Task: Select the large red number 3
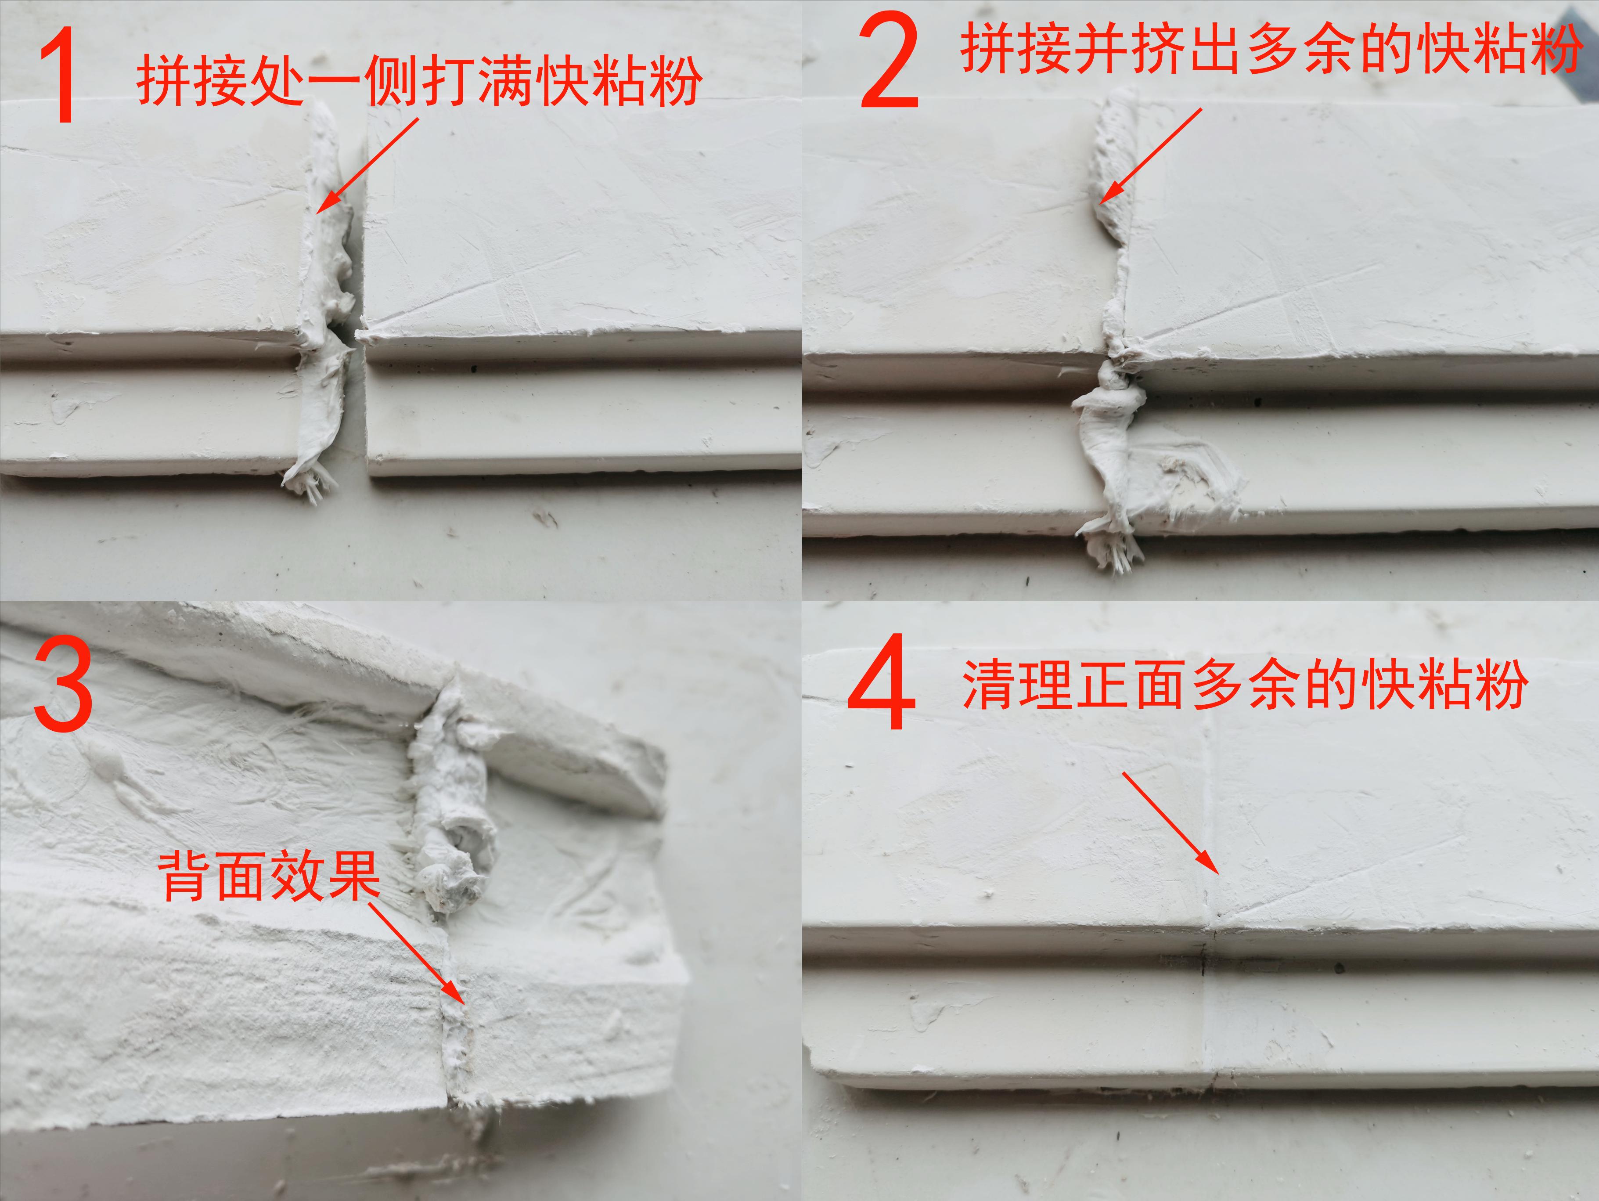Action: click(x=64, y=684)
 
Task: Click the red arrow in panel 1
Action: click(x=367, y=166)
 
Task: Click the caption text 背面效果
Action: click(x=269, y=876)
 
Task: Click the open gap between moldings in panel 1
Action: click(x=359, y=405)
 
